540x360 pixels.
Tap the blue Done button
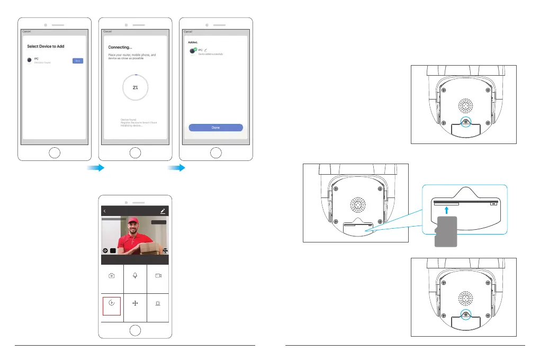[215, 128]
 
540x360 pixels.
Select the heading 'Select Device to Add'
[46, 47]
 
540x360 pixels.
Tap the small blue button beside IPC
[78, 61]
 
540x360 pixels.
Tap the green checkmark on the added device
[195, 49]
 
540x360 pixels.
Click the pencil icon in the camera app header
[163, 211]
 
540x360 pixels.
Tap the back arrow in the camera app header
[105, 211]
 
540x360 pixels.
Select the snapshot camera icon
[112, 276]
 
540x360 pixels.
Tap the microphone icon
[136, 276]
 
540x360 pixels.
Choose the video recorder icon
[158, 276]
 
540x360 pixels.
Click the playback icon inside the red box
[112, 305]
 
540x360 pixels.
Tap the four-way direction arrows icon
[136, 305]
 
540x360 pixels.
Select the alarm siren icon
[158, 305]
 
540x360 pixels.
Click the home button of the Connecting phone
[136, 154]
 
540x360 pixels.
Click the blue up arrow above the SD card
[447, 211]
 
